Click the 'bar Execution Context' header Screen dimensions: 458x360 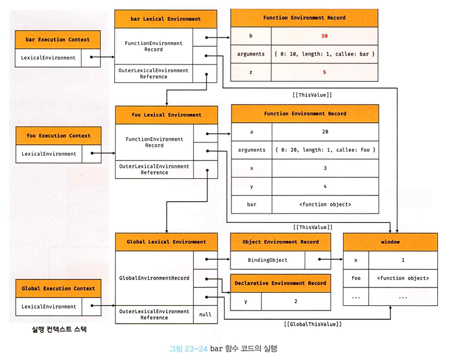(58, 40)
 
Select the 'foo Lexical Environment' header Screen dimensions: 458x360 (166, 115)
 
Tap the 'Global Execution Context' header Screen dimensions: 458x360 (58, 288)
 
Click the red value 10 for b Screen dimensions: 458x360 (324, 36)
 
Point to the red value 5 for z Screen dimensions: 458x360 (324, 72)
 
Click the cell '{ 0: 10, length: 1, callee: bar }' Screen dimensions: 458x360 (324, 54)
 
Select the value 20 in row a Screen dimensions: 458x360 (325, 132)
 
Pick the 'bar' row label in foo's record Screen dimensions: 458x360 (252, 204)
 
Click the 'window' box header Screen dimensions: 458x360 (390, 242)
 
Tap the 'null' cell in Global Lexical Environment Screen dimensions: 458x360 (205, 314)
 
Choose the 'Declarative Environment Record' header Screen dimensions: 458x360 (280, 283)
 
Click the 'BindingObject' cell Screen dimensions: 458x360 (268, 260)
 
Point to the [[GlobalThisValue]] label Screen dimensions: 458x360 (312, 324)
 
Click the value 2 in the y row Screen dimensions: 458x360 (296, 301)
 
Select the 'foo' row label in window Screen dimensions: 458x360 (356, 278)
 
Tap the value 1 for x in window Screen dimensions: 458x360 (403, 260)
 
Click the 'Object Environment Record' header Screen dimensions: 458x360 (280, 242)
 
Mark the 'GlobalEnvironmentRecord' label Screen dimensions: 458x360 (154, 278)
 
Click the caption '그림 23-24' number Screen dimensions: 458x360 (188, 349)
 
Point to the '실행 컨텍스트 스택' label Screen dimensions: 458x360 (59, 329)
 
